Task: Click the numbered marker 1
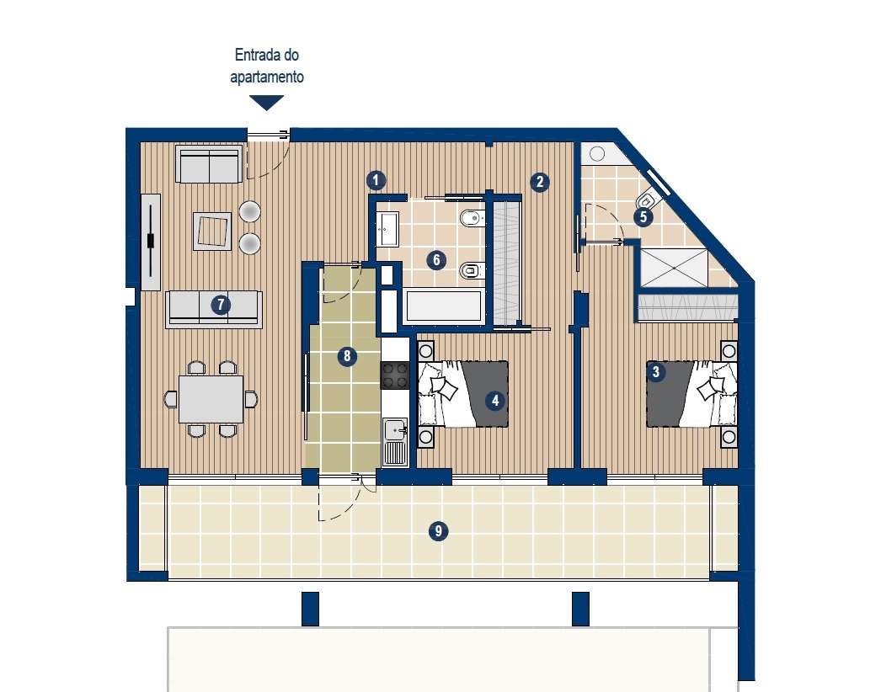[x=376, y=179]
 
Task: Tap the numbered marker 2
[x=539, y=180]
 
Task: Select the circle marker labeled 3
[x=655, y=370]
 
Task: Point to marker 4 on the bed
[x=495, y=401]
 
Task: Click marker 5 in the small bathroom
[x=643, y=216]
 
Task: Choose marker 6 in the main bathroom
[x=435, y=259]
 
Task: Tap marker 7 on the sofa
[x=221, y=305]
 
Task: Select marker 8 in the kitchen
[x=346, y=357]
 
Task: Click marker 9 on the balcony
[x=437, y=530]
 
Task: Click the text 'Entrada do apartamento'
[x=267, y=67]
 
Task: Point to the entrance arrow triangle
[x=267, y=103]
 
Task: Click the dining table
[x=211, y=399]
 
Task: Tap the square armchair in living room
[x=212, y=231]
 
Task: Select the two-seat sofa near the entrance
[x=207, y=163]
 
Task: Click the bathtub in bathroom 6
[x=444, y=306]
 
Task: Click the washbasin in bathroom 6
[x=387, y=228]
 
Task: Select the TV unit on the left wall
[x=150, y=241]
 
